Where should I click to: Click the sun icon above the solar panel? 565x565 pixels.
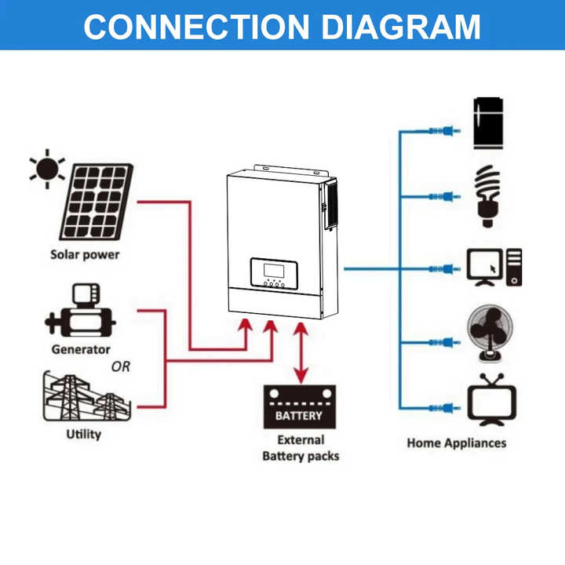click(47, 168)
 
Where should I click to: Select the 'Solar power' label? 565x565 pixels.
click(85, 255)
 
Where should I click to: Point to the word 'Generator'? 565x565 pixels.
click(81, 350)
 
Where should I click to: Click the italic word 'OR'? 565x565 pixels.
click(121, 366)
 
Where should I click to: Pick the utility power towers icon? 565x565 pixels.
click(82, 397)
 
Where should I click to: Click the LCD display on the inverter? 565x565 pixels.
click(273, 269)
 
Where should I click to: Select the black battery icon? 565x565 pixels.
click(300, 406)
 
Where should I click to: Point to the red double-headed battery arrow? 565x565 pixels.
click(300, 352)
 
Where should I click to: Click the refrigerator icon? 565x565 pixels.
click(488, 123)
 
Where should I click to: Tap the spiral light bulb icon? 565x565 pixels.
click(489, 195)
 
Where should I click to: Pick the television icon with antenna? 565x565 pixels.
click(490, 400)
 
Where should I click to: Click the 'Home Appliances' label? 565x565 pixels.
click(457, 443)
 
